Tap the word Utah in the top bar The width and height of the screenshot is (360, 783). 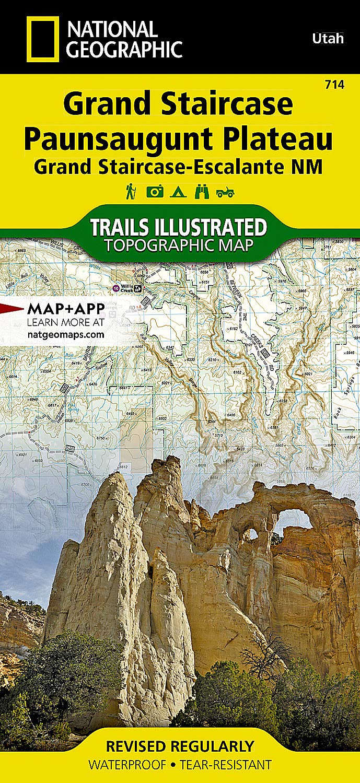click(x=328, y=38)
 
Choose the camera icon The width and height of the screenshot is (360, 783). click(x=155, y=192)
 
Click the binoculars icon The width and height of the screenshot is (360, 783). click(x=202, y=192)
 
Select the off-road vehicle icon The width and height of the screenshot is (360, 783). click(x=226, y=192)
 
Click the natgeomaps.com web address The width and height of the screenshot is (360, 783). click(x=65, y=334)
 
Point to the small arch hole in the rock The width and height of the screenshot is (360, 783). click(x=251, y=534)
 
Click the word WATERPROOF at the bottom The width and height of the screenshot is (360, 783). click(x=127, y=765)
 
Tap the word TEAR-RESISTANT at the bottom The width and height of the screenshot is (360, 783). click(x=226, y=765)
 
